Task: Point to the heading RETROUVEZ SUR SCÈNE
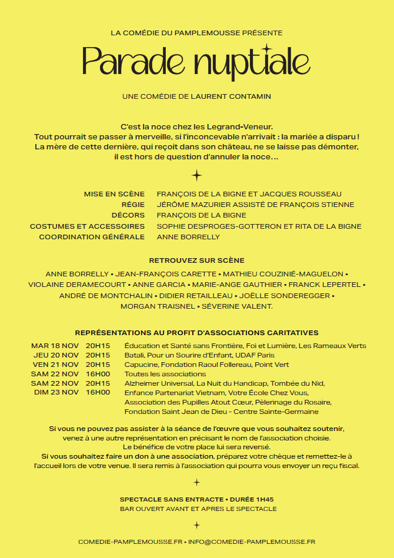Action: click(196, 260)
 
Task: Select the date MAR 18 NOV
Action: click(55, 346)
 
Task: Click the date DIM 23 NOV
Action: click(56, 392)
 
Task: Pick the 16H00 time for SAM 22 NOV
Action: click(98, 374)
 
